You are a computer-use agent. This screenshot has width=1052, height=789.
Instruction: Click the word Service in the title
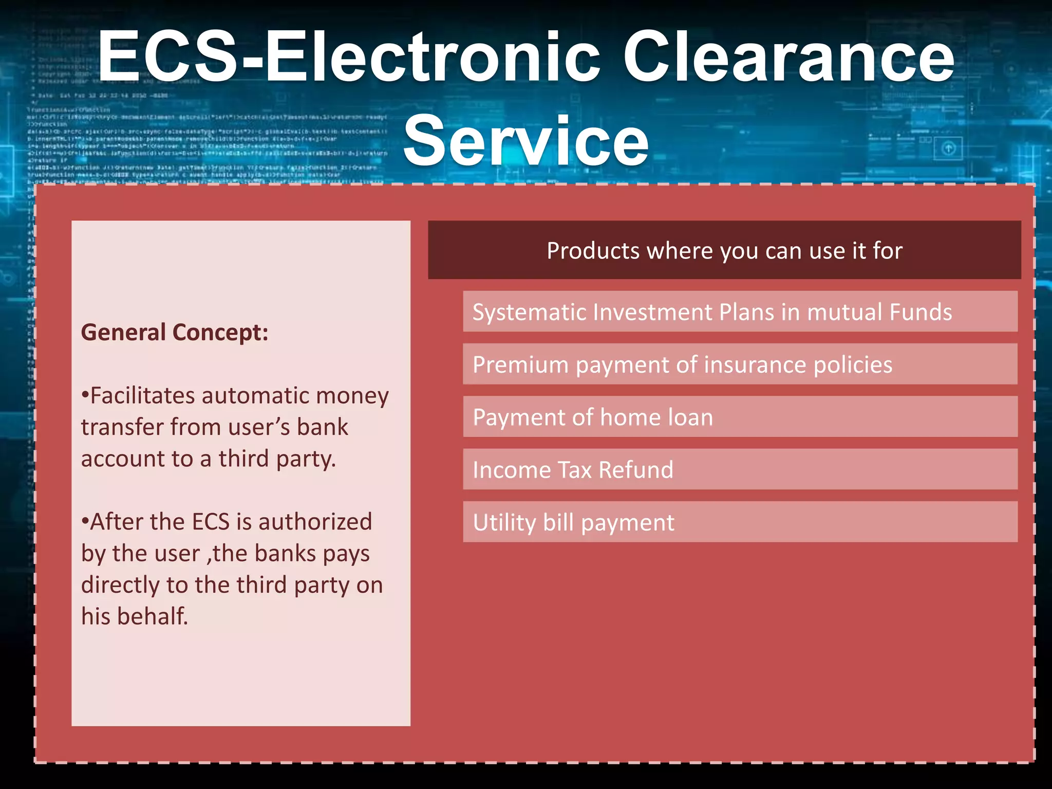(x=525, y=141)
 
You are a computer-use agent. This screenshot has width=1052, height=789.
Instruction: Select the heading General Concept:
(x=175, y=332)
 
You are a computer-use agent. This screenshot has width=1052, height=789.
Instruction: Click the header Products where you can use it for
(x=724, y=251)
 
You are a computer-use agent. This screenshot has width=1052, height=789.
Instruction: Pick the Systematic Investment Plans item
(x=712, y=312)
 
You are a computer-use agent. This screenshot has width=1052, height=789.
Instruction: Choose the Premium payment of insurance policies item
(x=682, y=365)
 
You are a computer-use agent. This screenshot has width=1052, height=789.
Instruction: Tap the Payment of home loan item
(x=593, y=417)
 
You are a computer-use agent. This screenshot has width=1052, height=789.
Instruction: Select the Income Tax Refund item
(x=573, y=470)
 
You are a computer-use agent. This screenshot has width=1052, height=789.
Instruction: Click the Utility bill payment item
(x=573, y=522)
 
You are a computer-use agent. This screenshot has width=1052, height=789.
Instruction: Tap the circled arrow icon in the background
(x=948, y=148)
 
